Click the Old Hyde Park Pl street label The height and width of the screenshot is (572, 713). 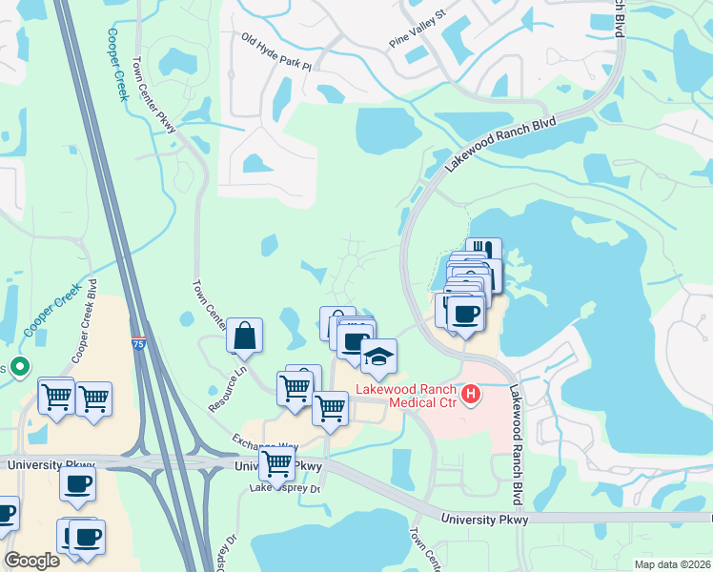pyautogui.click(x=276, y=54)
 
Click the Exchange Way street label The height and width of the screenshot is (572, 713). pyautogui.click(x=264, y=444)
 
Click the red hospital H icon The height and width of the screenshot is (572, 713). pyautogui.click(x=469, y=393)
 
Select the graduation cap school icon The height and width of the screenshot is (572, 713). pyautogui.click(x=378, y=357)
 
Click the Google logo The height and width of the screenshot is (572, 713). pyautogui.click(x=32, y=561)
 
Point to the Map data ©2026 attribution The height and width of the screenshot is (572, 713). pyautogui.click(x=672, y=564)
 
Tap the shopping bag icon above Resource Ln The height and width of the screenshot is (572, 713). pyautogui.click(x=245, y=336)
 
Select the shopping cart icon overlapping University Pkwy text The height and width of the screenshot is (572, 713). pyautogui.click(x=276, y=464)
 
